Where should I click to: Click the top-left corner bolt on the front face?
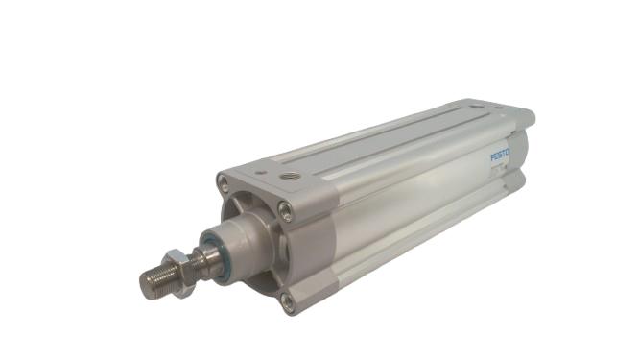pos(225,181)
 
